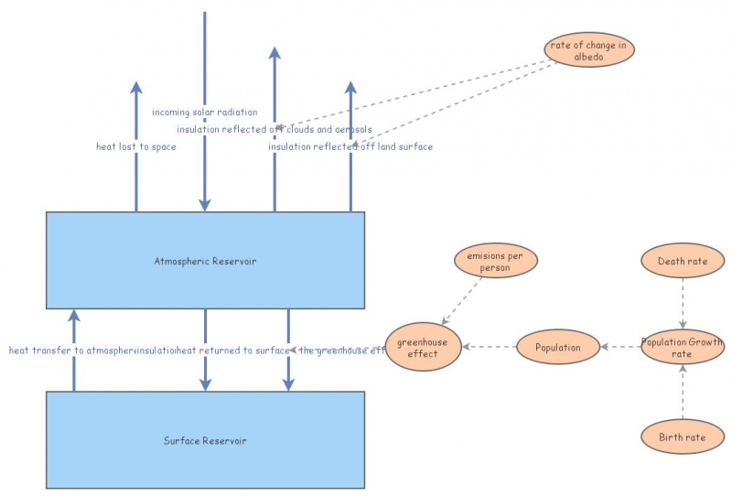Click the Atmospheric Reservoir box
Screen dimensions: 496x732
pos(205,261)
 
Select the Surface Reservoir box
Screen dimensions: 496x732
pos(205,440)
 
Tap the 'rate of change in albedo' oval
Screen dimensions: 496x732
pos(588,50)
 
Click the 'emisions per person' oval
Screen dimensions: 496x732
pos(495,262)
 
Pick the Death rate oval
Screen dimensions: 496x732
pos(683,262)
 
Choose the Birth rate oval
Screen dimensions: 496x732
pos(683,437)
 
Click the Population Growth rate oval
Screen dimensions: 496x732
pos(683,348)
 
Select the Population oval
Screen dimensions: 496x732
pos(558,348)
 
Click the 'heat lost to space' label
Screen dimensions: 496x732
pos(136,146)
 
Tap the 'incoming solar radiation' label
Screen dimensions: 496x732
pos(205,113)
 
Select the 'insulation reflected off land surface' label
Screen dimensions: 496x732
pos(350,146)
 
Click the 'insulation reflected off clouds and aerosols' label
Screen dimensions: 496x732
pos(274,129)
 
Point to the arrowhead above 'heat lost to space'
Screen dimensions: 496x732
pos(136,88)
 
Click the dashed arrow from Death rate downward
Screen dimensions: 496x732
pos(683,302)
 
